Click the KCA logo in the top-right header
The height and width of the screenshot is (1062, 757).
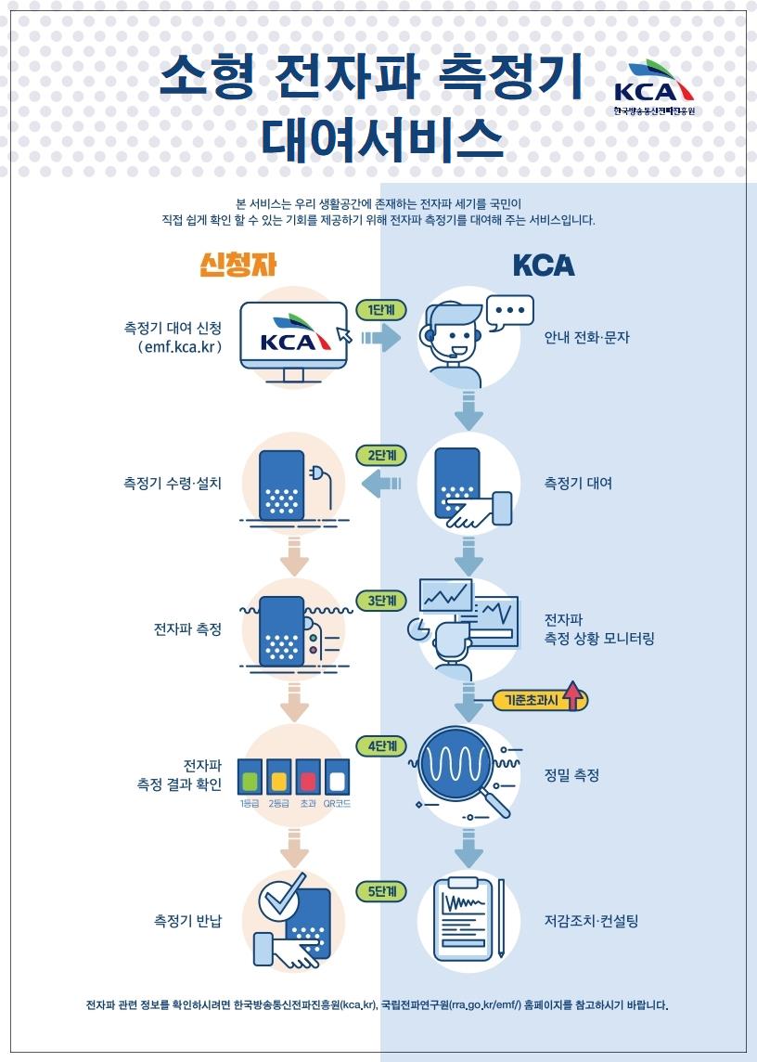[x=654, y=88]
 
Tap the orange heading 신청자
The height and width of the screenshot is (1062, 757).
[x=238, y=265]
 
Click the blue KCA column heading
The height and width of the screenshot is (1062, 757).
[x=544, y=265]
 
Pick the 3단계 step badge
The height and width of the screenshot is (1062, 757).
[x=381, y=601]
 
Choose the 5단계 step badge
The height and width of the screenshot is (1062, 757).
[x=381, y=891]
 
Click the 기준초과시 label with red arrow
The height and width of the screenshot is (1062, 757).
[x=542, y=699]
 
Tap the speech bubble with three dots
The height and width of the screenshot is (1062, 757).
[x=510, y=311]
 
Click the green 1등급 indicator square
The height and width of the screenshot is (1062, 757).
[x=249, y=775]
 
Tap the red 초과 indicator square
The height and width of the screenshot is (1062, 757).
[x=308, y=775]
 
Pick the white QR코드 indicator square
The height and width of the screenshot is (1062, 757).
[x=337, y=775]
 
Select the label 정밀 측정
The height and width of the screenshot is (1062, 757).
[x=571, y=774]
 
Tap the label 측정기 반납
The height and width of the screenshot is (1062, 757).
[x=187, y=921]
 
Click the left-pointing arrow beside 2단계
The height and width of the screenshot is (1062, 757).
[x=383, y=483]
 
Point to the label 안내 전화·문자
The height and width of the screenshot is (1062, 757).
[x=586, y=337]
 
